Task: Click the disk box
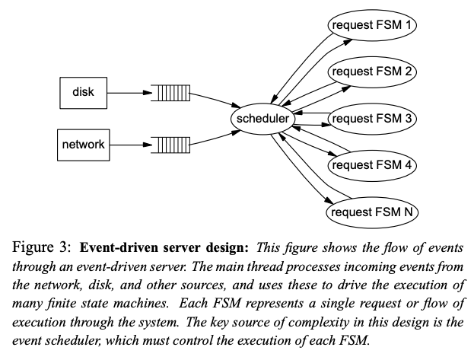[84, 93]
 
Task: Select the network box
[84, 144]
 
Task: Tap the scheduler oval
[262, 119]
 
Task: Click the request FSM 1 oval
[373, 24]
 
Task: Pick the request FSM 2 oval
[373, 72]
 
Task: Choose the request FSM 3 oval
[373, 118]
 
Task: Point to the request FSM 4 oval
[373, 164]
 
